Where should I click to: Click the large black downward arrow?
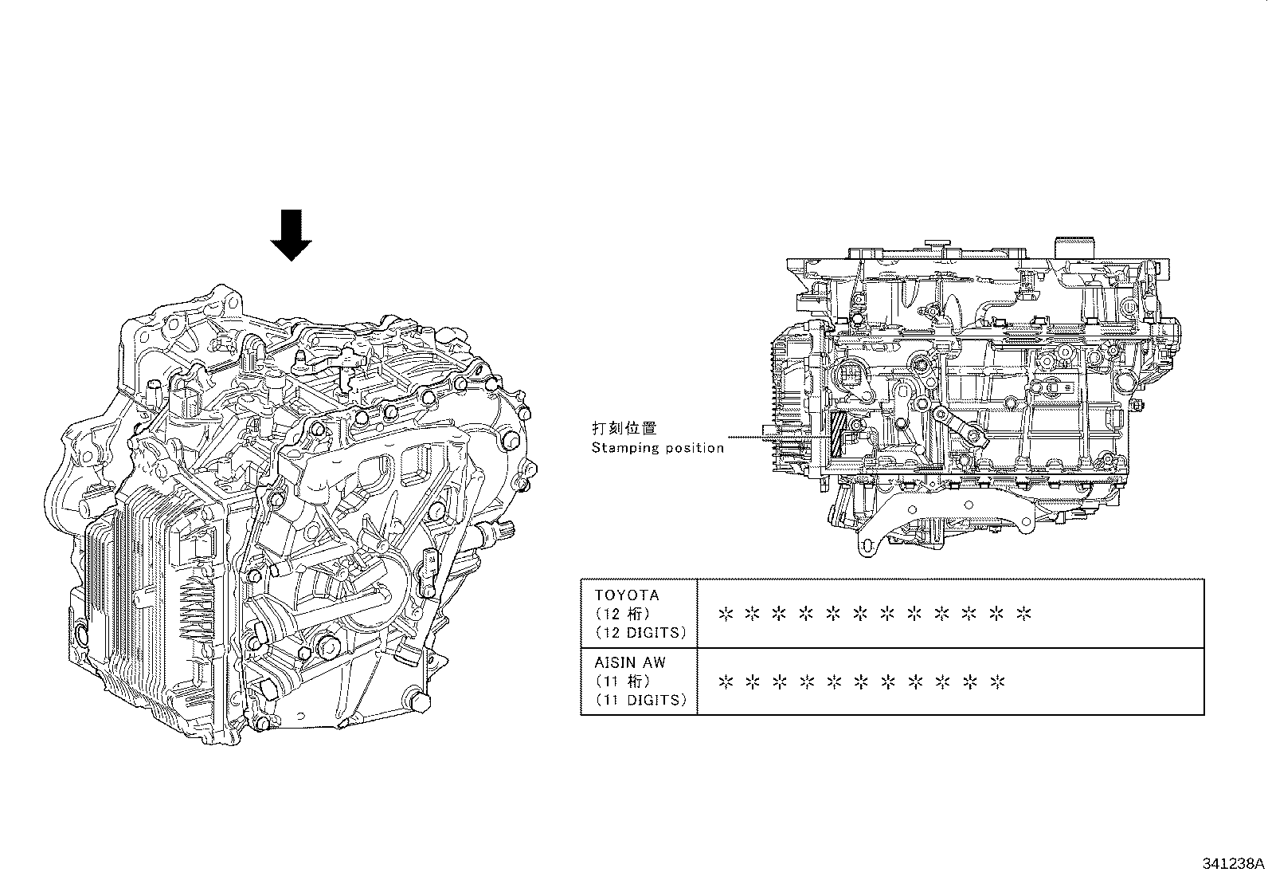coord(292,234)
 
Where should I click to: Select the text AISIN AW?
coord(630,662)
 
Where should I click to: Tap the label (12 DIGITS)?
coord(640,633)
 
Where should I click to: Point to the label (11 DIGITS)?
coord(640,700)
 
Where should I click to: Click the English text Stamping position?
coord(658,447)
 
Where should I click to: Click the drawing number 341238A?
coord(1234,863)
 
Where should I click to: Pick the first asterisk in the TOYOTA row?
coord(725,614)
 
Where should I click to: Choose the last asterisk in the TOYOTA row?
coord(1024,614)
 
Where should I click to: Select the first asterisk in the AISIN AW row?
coord(725,682)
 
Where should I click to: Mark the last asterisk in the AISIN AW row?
coord(997,682)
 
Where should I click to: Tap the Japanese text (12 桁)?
coord(623,614)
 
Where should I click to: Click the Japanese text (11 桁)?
coord(623,681)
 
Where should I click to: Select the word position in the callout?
coord(697,448)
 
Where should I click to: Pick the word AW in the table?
coord(654,662)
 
